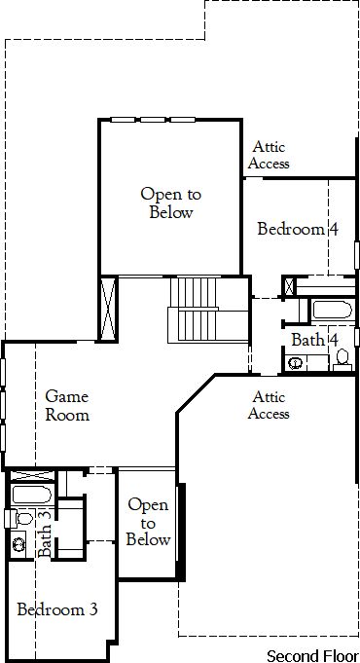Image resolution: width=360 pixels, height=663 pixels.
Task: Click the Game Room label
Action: (x=67, y=406)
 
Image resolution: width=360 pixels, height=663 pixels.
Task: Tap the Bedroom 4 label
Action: (x=298, y=229)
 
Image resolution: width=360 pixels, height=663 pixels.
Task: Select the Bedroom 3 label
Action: (x=57, y=609)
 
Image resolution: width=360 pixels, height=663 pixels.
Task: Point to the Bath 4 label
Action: (x=315, y=340)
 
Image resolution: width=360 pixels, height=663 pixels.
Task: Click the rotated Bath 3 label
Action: (x=45, y=534)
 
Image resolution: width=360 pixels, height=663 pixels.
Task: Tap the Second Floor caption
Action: (x=312, y=656)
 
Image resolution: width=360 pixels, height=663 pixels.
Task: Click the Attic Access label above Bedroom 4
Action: (x=269, y=155)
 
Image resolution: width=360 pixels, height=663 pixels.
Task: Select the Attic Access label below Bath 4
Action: (x=269, y=405)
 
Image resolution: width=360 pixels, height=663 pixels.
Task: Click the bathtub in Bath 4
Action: (x=332, y=310)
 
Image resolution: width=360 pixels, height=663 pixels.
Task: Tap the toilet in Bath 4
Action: (x=342, y=360)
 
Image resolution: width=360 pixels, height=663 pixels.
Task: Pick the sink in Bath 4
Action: (x=295, y=363)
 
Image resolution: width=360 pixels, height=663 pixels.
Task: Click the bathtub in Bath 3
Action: (x=32, y=495)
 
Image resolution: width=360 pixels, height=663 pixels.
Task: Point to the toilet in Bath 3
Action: (x=18, y=518)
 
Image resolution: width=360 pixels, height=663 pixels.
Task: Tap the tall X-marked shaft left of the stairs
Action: (x=108, y=309)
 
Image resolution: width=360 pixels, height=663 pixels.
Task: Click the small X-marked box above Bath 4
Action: (x=289, y=286)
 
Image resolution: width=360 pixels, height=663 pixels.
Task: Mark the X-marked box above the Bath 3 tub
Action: (x=32, y=475)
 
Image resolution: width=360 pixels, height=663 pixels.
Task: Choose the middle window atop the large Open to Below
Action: (x=153, y=120)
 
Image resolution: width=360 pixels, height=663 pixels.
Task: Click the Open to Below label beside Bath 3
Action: (x=148, y=522)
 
